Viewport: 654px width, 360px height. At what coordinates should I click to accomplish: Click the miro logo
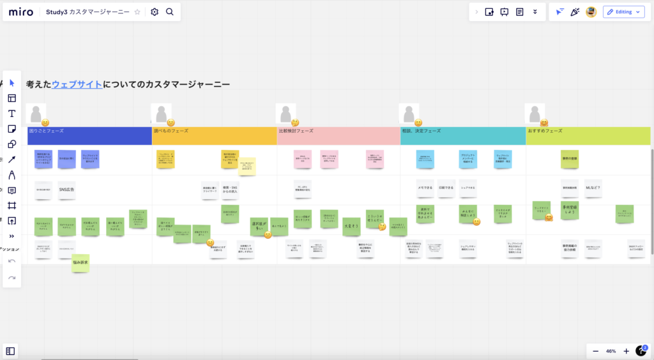pos(21,12)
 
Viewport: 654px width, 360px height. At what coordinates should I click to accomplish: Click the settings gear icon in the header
pos(155,12)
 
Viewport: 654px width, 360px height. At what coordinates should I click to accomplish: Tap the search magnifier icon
pos(170,12)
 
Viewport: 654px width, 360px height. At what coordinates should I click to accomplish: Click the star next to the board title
pos(137,12)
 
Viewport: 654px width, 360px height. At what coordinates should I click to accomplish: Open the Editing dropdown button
pos(623,12)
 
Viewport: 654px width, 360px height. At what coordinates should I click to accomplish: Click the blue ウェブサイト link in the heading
pos(77,84)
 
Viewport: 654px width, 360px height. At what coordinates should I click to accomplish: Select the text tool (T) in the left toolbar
pos(11,114)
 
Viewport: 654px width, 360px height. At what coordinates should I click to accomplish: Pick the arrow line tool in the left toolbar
pos(11,160)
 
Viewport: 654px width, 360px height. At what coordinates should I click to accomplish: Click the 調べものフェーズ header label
pos(171,131)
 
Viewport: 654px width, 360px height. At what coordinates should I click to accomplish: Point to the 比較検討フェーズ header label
pos(296,131)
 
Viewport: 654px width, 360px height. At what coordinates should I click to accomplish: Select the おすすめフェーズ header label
pos(545,131)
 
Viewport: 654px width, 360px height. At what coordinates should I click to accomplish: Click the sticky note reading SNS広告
pos(66,190)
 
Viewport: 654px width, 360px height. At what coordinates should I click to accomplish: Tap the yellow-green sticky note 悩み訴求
pos(80,262)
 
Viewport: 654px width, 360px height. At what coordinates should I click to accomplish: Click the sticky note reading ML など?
pos(593,188)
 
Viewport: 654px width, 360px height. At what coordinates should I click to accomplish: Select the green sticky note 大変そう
pos(351,225)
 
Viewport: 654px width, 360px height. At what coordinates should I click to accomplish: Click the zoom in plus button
pos(626,351)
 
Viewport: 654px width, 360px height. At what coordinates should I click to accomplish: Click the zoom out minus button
pos(595,351)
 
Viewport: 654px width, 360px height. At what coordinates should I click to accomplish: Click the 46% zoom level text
pos(611,351)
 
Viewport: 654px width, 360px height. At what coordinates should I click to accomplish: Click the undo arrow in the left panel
pos(11,262)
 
